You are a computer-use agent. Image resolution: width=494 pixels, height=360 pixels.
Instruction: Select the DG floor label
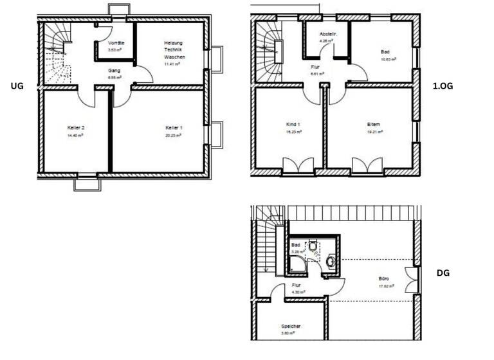point(443,273)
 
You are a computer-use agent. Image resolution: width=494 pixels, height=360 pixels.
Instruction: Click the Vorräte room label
point(116,42)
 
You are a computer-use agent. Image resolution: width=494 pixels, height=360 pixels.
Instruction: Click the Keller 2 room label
point(76,128)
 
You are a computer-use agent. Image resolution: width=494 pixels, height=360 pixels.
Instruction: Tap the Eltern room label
point(374,124)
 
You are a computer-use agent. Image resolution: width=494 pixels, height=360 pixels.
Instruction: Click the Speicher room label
point(291,326)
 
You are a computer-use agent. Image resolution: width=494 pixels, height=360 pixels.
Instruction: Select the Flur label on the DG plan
point(297,285)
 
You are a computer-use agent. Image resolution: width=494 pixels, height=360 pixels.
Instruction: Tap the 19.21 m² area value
point(374,132)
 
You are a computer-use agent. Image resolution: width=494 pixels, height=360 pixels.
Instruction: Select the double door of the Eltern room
point(367,165)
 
